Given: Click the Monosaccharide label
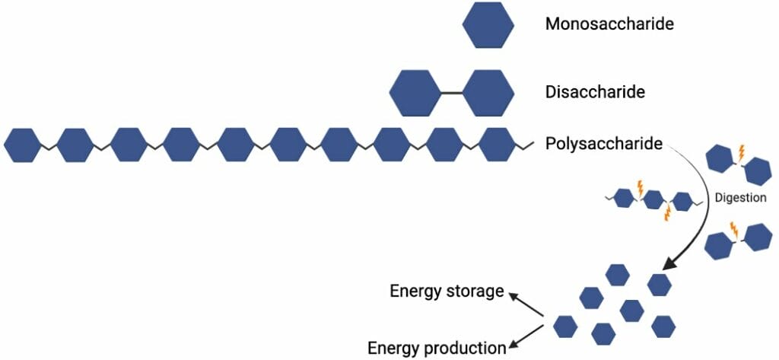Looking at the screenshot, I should (x=609, y=24).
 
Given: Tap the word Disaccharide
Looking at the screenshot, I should (x=595, y=92).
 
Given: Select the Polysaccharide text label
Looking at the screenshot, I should (x=603, y=143).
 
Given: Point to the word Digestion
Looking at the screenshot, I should (x=739, y=197).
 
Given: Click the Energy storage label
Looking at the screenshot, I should (x=447, y=291).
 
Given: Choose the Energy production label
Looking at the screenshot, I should (x=437, y=348).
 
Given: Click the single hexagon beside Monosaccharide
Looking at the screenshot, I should (x=488, y=24).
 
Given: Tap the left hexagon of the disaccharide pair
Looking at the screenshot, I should (x=415, y=93).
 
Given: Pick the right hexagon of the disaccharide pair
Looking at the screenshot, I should (x=488, y=93).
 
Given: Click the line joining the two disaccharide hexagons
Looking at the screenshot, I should (x=452, y=93).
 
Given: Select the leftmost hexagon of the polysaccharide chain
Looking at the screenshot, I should (x=22, y=145).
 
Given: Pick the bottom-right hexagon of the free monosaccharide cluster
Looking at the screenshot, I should (x=664, y=326).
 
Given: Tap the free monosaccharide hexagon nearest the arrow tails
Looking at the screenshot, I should (x=564, y=327).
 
